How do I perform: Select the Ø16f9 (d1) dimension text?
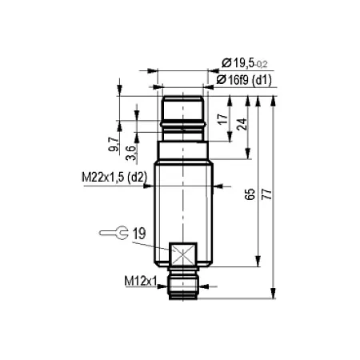(244, 80)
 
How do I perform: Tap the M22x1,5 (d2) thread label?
(114, 177)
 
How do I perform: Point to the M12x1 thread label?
(141, 281)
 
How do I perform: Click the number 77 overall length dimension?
(266, 194)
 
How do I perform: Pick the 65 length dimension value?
(250, 194)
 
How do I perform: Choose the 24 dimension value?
(242, 124)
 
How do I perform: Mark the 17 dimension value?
(223, 119)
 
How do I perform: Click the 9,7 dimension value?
(113, 144)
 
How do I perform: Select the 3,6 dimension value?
(131, 153)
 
